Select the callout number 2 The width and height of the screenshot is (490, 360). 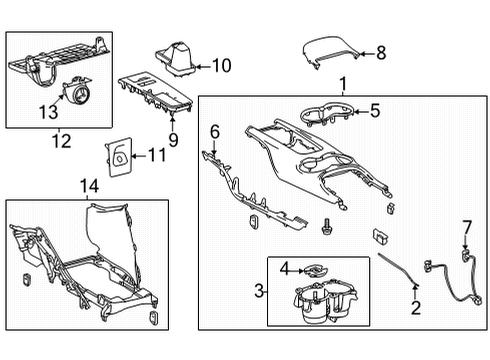pos(417,307)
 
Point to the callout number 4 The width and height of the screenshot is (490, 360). pos(284,268)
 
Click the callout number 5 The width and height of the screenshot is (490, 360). pos(375,111)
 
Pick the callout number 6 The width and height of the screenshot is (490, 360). pos(214,131)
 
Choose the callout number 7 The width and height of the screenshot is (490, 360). pos(466,227)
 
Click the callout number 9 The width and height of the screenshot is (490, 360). pos(173,141)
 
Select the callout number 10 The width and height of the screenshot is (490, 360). pos(221,67)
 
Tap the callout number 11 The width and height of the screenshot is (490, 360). pos(155,154)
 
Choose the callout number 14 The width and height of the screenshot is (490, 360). pos(89,185)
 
